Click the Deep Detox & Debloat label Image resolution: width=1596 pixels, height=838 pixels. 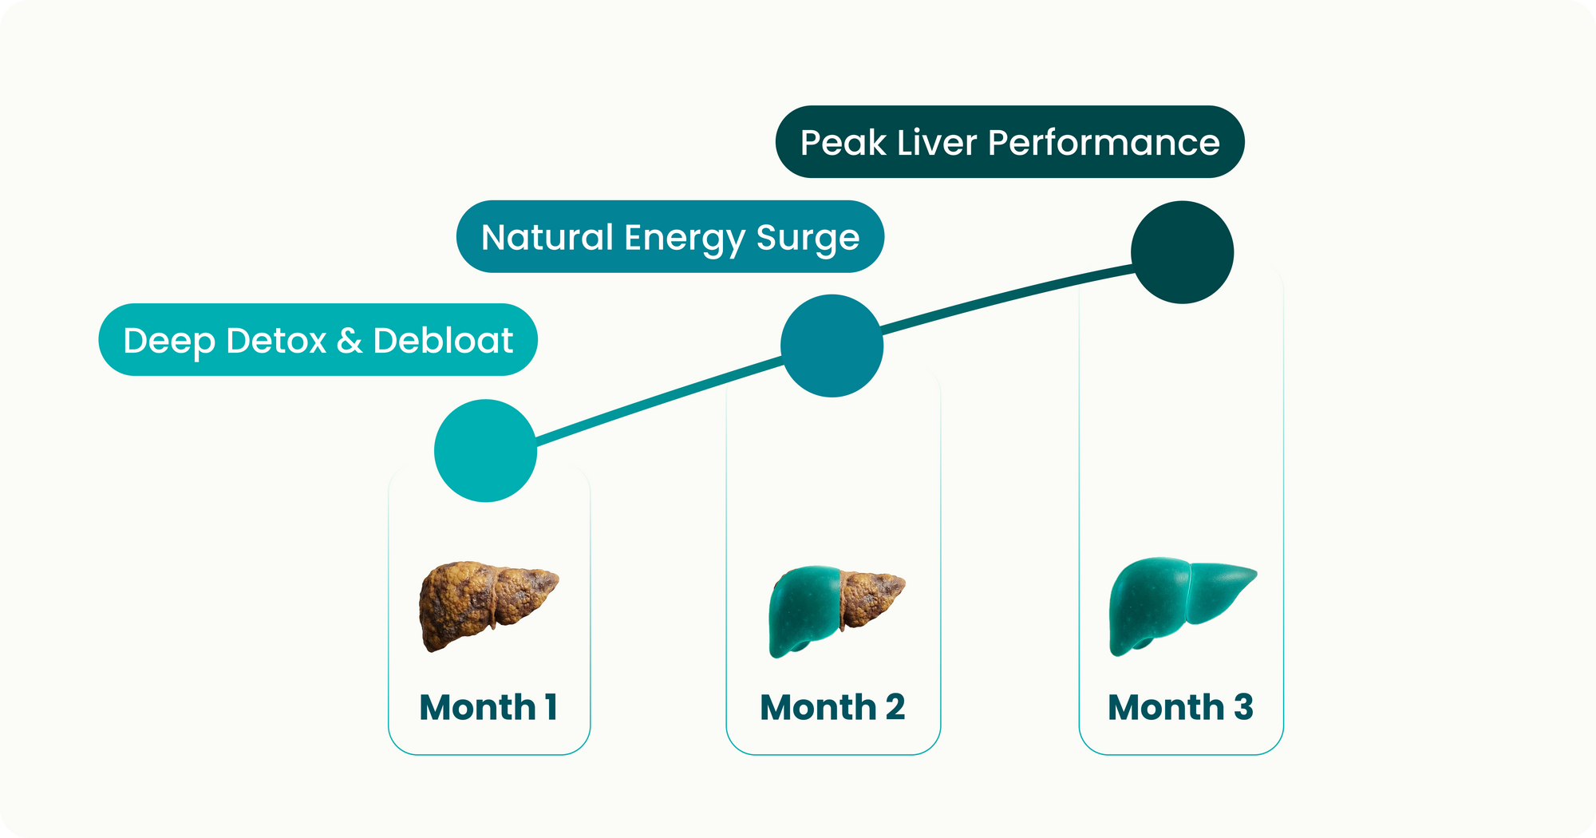click(318, 339)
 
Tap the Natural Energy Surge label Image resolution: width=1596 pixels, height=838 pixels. click(670, 236)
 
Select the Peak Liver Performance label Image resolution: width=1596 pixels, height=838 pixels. click(1009, 141)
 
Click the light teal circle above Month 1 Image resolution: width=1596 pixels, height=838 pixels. click(485, 451)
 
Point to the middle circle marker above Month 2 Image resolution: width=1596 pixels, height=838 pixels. click(832, 346)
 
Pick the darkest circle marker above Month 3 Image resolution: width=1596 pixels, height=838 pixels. click(1183, 252)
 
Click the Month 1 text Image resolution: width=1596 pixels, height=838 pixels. click(488, 707)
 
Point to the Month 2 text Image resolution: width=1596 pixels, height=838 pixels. click(832, 707)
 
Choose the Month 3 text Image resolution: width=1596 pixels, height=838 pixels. click(1180, 707)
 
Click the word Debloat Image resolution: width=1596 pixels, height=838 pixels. click(443, 340)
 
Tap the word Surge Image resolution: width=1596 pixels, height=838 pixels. click(808, 239)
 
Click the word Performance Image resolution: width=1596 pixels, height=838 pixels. click(1104, 143)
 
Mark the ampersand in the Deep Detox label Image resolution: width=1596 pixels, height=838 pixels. click(349, 341)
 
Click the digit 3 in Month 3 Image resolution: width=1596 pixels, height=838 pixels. click(1243, 707)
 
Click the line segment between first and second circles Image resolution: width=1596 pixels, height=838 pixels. click(658, 401)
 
